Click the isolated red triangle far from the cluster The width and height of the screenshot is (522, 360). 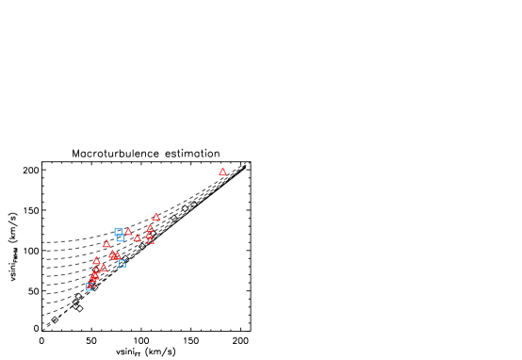[x=222, y=172]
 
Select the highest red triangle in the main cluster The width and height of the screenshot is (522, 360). [x=156, y=217]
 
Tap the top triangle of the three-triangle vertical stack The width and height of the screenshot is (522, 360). [x=150, y=228]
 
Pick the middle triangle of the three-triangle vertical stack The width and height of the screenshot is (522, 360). [x=149, y=235]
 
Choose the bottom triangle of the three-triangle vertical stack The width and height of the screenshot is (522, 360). [x=151, y=240]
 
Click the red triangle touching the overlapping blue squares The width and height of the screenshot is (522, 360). [x=129, y=232]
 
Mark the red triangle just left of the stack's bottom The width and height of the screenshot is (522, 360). [x=137, y=238]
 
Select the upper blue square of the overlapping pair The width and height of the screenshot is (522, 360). [x=118, y=231]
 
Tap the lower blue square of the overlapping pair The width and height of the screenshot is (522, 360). [x=120, y=237]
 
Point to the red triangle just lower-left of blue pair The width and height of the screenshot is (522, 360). [x=106, y=244]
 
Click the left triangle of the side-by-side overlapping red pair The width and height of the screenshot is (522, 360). [x=112, y=254]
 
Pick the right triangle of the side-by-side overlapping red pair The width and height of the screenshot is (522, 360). [x=117, y=255]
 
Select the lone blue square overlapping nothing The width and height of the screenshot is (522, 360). [x=122, y=263]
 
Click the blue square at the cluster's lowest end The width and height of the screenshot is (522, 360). [x=90, y=286]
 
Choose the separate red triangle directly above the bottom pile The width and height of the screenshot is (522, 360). [x=96, y=261]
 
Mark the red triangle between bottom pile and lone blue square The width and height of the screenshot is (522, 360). [x=103, y=268]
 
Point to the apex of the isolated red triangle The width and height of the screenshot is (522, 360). [x=222, y=169]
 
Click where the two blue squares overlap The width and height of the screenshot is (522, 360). [x=119, y=234]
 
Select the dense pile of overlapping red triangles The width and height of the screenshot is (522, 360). [x=94, y=277]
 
